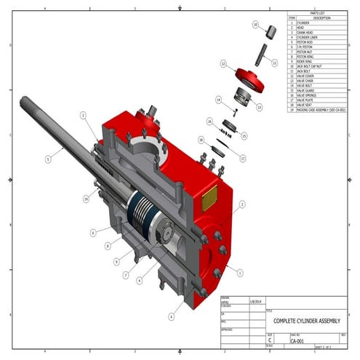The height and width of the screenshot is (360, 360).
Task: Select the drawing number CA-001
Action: coord(297,340)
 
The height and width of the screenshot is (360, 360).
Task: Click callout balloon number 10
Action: coord(255,24)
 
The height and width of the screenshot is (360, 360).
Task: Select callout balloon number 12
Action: coord(223,64)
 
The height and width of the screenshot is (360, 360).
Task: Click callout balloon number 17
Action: coord(243,159)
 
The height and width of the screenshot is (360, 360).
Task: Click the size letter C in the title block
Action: coord(270,340)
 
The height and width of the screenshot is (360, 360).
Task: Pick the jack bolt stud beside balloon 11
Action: coord(263,54)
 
